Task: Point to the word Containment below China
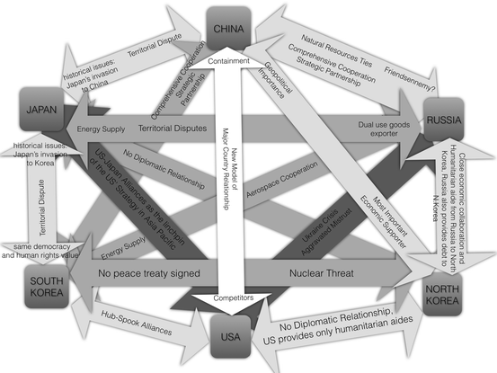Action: pos(235,60)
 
